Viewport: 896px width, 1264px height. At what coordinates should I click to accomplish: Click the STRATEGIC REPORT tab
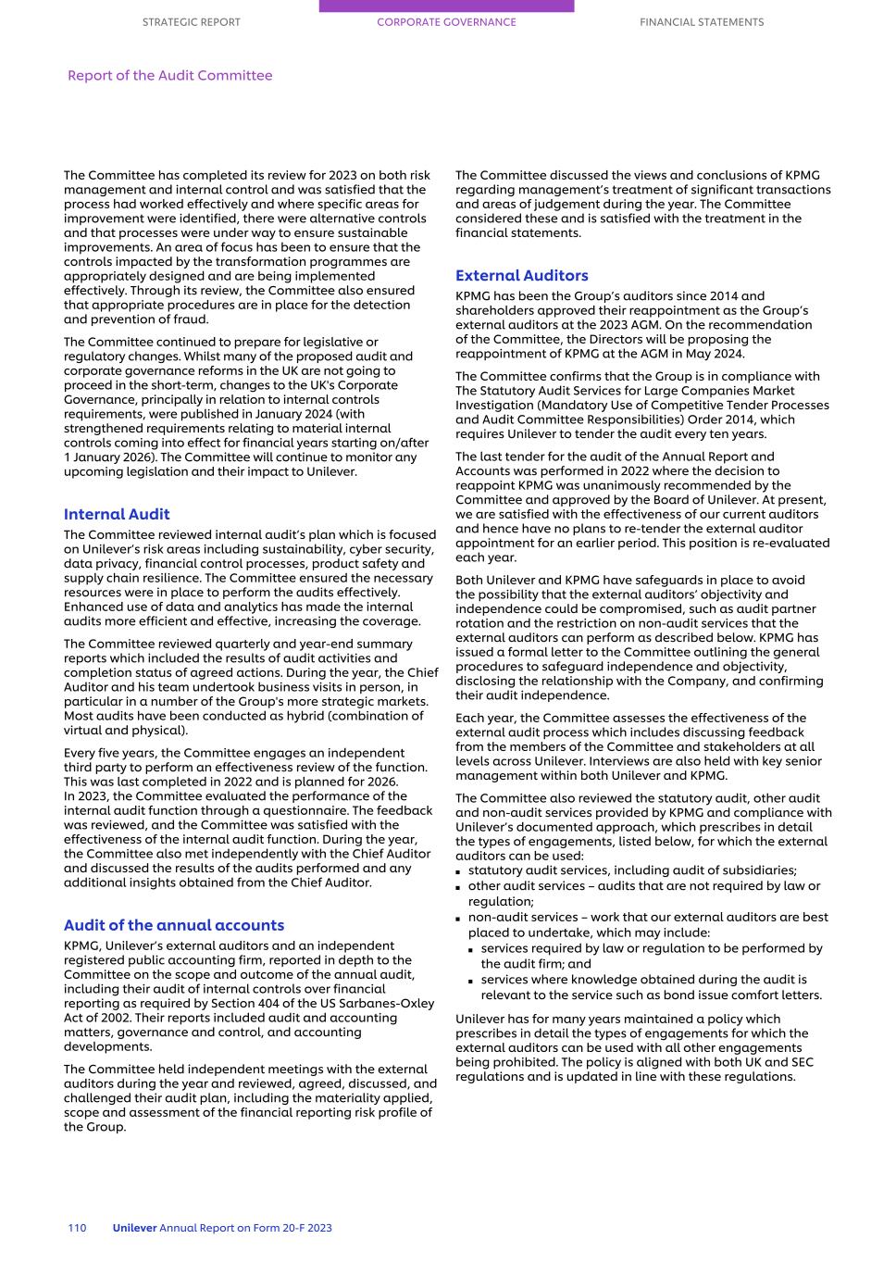(x=191, y=22)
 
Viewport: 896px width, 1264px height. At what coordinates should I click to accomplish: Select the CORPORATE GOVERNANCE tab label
(x=446, y=22)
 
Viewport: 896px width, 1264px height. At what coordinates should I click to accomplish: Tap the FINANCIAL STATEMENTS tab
(x=702, y=22)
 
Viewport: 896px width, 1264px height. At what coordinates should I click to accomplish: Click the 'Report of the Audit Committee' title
(x=169, y=76)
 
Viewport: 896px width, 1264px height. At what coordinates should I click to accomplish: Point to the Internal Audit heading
(x=117, y=514)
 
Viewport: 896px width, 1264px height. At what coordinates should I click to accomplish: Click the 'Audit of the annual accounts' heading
(x=174, y=925)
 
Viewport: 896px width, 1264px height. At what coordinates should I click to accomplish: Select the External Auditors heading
(x=521, y=275)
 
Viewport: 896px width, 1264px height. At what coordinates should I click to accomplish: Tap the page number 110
(x=77, y=1228)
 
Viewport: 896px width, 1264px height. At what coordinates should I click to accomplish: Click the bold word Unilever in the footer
(x=134, y=1228)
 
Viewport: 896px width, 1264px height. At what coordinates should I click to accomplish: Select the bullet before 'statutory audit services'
(x=459, y=871)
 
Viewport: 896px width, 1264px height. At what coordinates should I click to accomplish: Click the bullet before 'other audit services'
(x=459, y=887)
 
